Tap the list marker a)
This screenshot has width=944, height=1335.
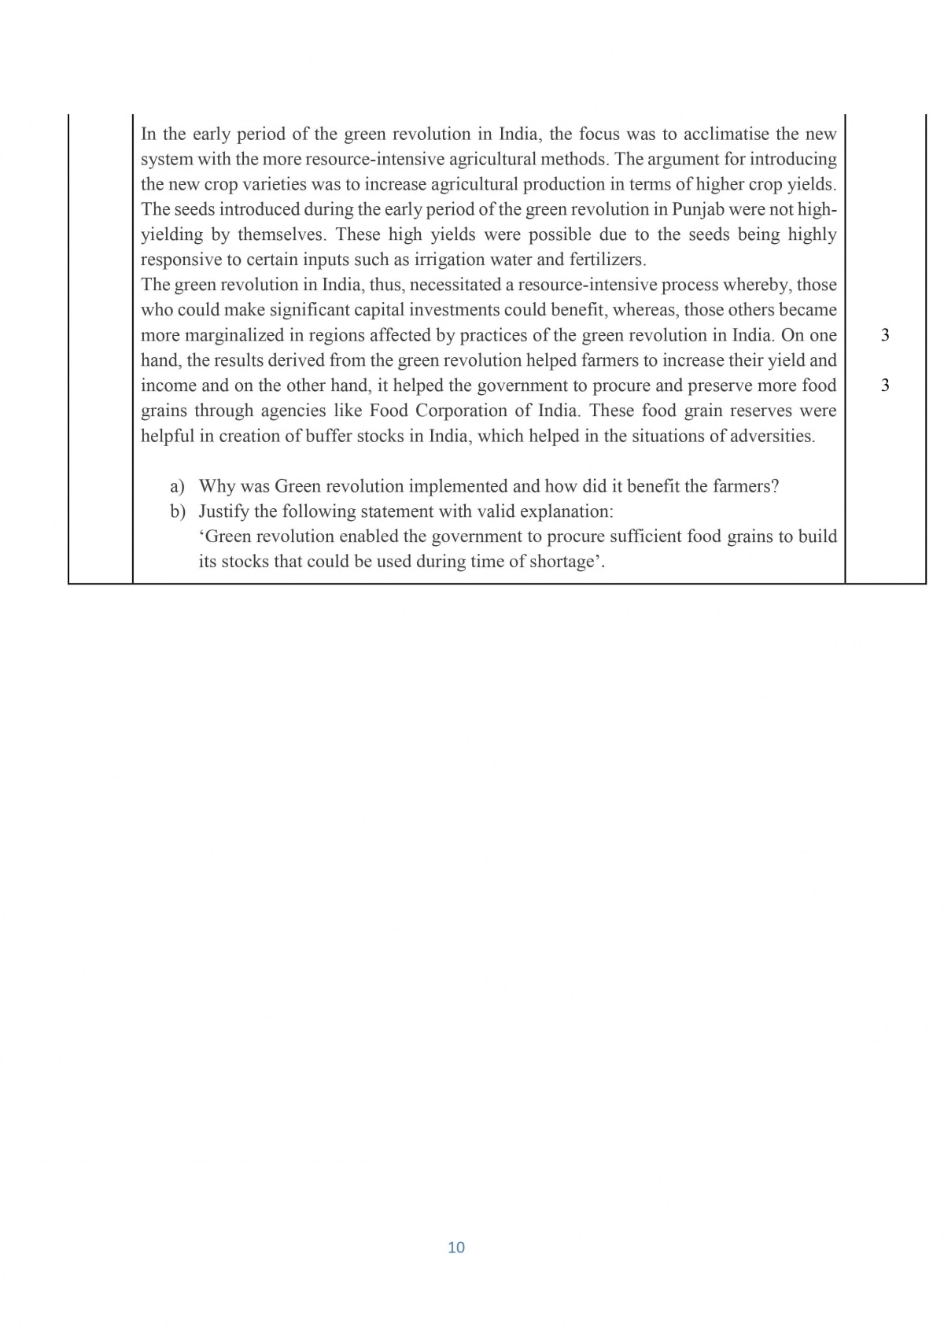(x=178, y=486)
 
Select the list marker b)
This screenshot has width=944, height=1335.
(x=178, y=511)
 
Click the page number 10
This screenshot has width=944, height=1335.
(x=456, y=1248)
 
